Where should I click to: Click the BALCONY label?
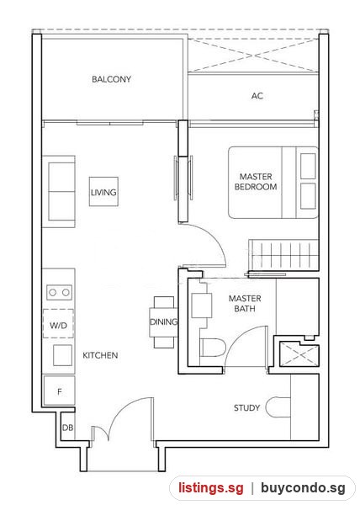(111, 79)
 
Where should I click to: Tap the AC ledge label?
(257, 96)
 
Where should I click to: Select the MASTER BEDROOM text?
(256, 182)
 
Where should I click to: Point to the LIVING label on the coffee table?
(103, 192)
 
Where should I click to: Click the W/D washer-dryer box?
(58, 324)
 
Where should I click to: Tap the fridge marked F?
(59, 391)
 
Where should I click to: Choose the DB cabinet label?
(67, 428)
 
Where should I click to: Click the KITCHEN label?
(100, 355)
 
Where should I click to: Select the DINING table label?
(163, 322)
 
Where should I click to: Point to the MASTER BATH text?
(245, 303)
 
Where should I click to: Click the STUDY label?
(246, 407)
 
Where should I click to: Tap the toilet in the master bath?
(212, 348)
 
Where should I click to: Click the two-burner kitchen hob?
(59, 292)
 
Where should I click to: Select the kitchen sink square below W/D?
(62, 355)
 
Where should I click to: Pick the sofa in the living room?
(61, 192)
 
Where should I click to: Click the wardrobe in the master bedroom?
(283, 255)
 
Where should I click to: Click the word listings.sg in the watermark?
(211, 487)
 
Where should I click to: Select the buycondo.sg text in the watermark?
(303, 487)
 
